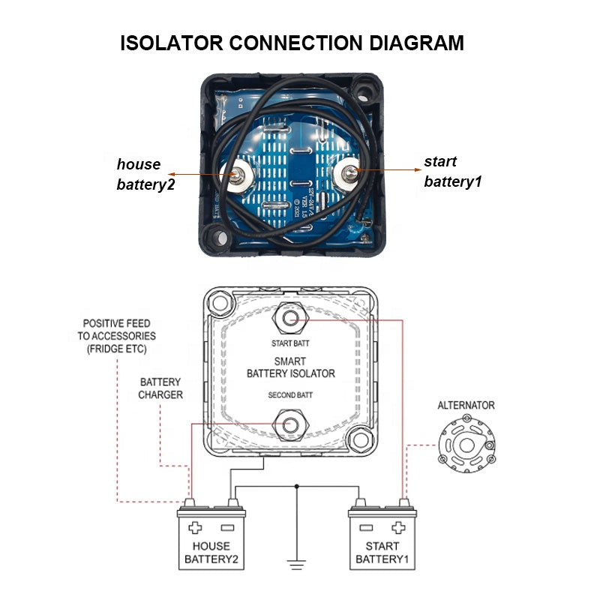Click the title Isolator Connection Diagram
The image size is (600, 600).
click(292, 43)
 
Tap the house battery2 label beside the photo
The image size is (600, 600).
click(145, 174)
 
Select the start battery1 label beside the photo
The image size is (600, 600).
click(453, 171)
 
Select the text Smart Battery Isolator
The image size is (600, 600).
click(290, 367)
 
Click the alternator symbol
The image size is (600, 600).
click(466, 445)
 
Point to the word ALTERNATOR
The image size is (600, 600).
click(466, 405)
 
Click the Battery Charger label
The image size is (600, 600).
click(160, 388)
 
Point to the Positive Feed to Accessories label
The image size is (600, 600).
click(116, 336)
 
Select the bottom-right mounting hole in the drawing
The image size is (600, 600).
click(362, 439)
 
